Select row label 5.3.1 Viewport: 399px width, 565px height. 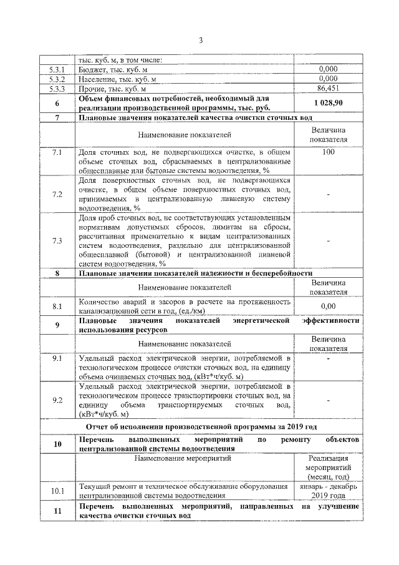57,70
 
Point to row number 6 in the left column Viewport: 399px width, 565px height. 57,103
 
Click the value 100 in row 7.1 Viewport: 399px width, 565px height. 328,152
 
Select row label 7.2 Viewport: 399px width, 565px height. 57,195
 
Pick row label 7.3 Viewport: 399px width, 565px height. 57,241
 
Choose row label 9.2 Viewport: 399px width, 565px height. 57,400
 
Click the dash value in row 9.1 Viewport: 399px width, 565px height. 328,359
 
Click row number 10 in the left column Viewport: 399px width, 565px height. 57,444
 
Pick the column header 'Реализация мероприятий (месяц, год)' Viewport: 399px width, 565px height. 328,467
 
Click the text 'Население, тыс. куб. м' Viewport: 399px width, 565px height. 117,79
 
